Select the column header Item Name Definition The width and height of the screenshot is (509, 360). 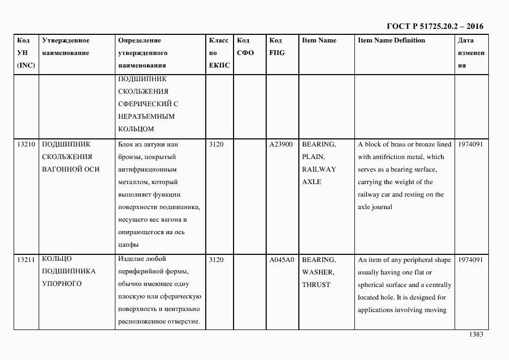(391, 41)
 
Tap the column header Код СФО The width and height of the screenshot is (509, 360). (246, 47)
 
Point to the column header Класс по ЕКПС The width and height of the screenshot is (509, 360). (219, 53)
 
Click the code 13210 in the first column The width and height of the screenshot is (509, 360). (26, 145)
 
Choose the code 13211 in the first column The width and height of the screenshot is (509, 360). (26, 259)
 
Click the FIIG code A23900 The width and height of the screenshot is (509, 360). (281, 145)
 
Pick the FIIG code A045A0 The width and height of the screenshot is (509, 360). (281, 260)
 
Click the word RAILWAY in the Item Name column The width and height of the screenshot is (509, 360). (319, 169)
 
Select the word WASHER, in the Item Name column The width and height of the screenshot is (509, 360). (318, 272)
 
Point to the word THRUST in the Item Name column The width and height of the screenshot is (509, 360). (316, 284)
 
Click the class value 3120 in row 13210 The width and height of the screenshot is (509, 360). (216, 145)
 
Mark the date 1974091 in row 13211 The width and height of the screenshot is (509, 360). (470, 260)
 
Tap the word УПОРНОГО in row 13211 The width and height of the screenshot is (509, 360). (62, 284)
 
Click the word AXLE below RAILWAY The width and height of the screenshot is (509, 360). (311, 182)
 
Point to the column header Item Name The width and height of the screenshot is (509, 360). (319, 41)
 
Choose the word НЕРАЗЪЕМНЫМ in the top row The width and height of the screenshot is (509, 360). (146, 117)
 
